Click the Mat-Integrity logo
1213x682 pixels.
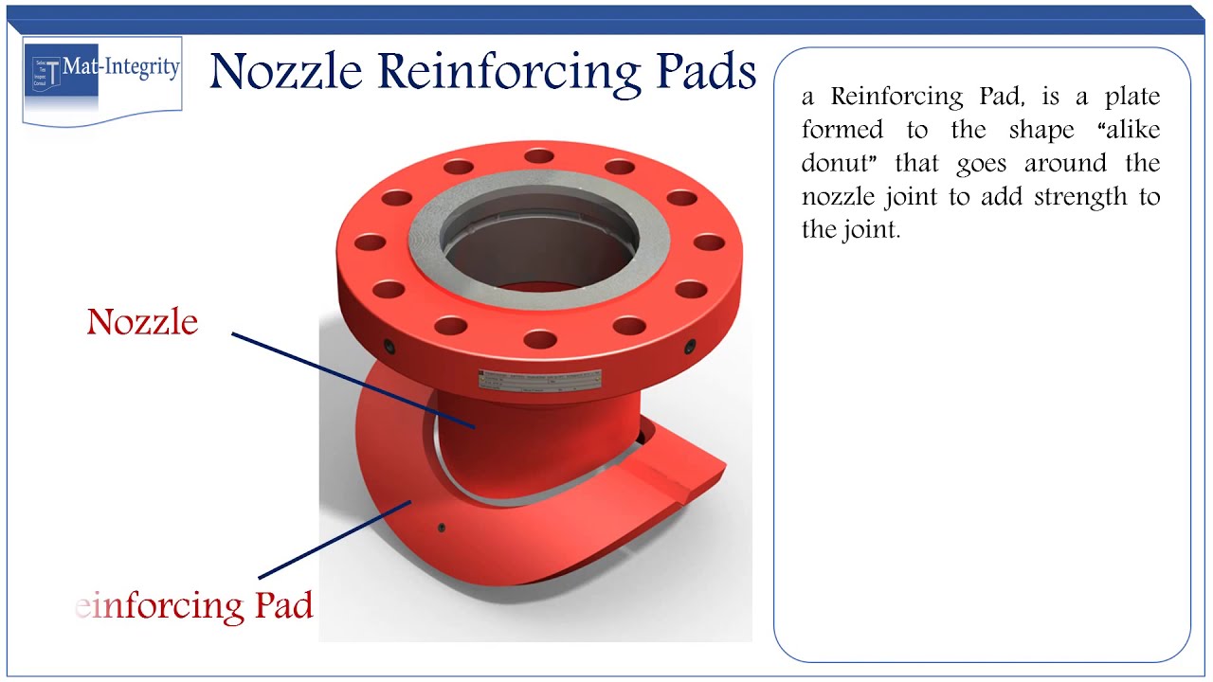tap(101, 80)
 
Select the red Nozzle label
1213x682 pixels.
tap(142, 322)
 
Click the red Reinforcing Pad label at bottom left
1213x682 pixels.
tap(194, 605)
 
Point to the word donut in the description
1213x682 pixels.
tap(836, 163)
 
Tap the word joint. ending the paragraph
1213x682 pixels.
tap(867, 229)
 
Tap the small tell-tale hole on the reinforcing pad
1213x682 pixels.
tap(442, 528)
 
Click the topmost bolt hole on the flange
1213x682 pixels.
tap(538, 155)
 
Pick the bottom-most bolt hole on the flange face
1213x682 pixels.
tap(538, 338)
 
